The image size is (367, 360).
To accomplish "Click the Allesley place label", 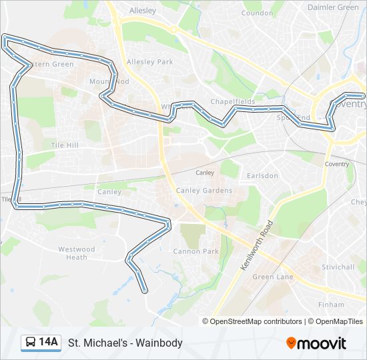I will (x=141, y=11).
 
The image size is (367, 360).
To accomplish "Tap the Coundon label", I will (x=258, y=13).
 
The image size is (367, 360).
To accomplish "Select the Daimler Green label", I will (x=333, y=7).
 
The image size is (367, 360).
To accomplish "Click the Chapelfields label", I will (x=233, y=101).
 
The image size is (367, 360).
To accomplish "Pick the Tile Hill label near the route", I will (x=65, y=145).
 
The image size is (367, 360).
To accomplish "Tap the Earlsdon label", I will (x=262, y=176).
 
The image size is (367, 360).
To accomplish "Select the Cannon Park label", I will (x=196, y=251).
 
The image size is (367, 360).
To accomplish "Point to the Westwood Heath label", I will (x=77, y=253).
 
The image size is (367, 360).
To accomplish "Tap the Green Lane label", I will (x=273, y=277).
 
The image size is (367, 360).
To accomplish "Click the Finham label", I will (x=331, y=304).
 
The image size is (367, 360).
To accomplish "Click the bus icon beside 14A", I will (x=31, y=343).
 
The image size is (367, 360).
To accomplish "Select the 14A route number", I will (x=49, y=343).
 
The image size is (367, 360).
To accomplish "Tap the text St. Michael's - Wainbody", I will (x=125, y=343).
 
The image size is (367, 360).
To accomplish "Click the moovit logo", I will (x=316, y=343).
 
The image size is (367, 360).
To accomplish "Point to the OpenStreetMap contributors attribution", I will (x=256, y=321).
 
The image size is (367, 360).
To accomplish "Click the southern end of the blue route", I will (x=145, y=291).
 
